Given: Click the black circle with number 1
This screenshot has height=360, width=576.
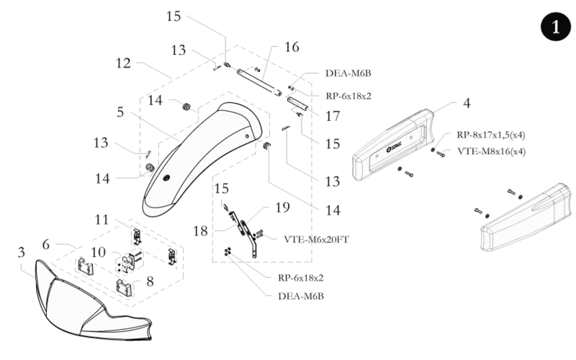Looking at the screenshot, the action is coord(556,27).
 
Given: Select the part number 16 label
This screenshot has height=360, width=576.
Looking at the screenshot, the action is coord(292,47).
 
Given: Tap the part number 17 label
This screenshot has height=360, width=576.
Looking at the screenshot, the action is coord(333,116).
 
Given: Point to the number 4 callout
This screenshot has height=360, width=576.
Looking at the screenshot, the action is coord(467,103).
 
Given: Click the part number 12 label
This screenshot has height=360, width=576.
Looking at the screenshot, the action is coord(123,63).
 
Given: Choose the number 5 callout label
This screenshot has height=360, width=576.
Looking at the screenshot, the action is coord(120,112).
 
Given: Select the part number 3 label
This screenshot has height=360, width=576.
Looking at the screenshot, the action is coord(22,253).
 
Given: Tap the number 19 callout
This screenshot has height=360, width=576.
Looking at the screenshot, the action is coord(282,207).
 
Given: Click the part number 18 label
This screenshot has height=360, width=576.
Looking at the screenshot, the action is coord(200,231).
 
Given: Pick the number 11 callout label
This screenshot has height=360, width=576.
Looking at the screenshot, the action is coord(102,220).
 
